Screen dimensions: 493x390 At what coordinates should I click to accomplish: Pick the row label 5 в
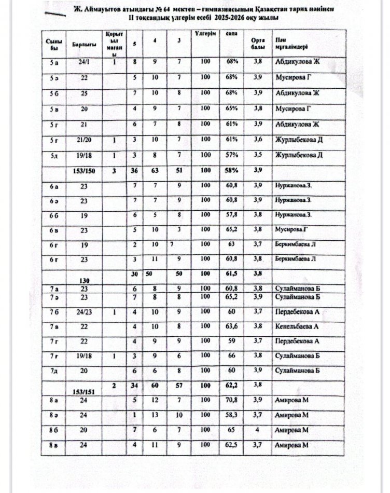point(54,108)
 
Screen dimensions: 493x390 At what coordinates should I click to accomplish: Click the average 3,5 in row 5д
point(255,155)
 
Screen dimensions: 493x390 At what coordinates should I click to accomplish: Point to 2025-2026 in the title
point(231,17)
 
